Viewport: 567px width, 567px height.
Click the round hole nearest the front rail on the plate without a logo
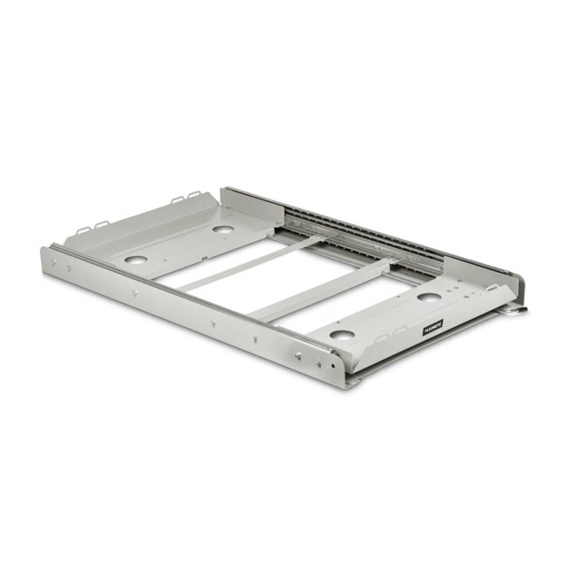pyautogui.click(x=136, y=261)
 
